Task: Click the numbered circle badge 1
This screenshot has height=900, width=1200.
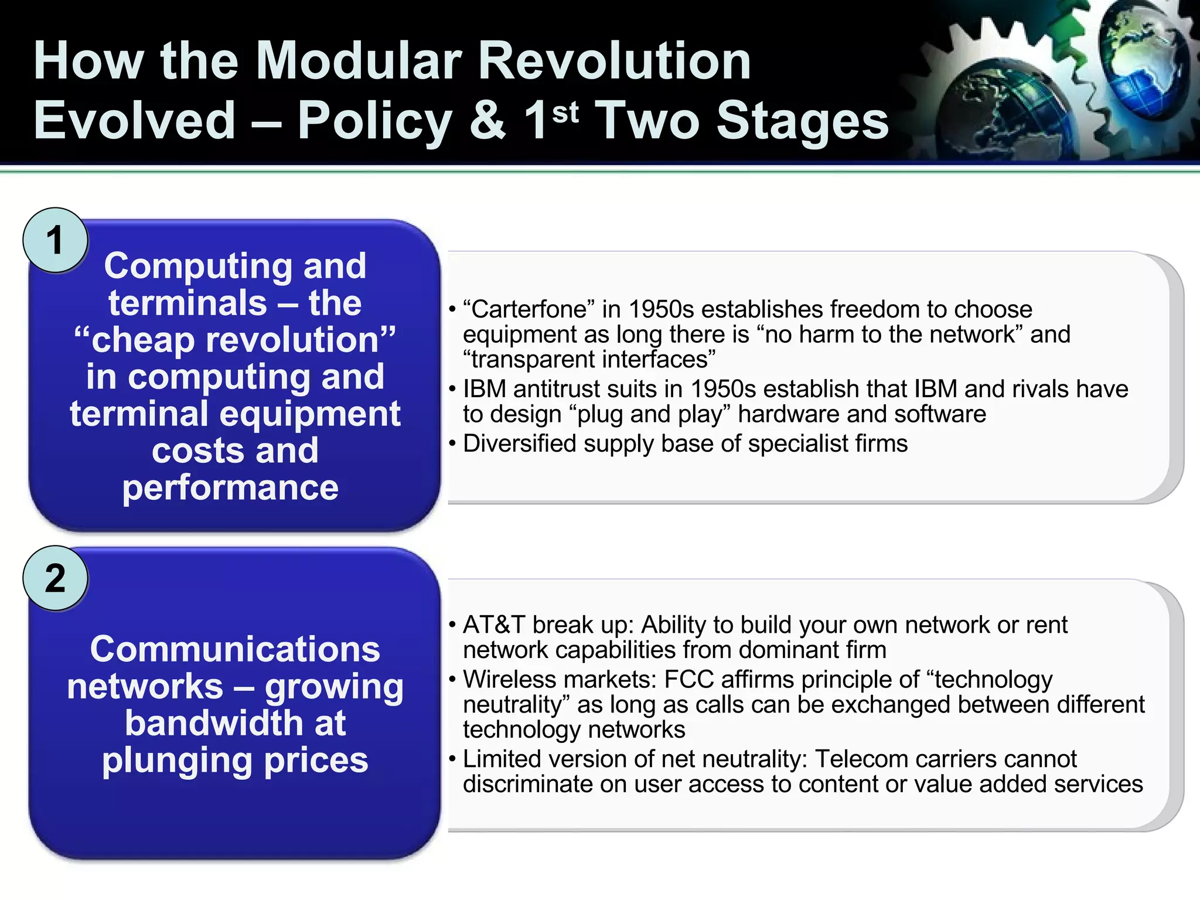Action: [55, 240]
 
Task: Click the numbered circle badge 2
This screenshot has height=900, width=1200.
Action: [55, 578]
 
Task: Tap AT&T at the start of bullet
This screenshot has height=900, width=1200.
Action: [494, 625]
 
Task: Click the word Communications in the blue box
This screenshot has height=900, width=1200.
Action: [235, 649]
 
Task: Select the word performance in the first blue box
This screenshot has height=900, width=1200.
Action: [230, 487]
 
